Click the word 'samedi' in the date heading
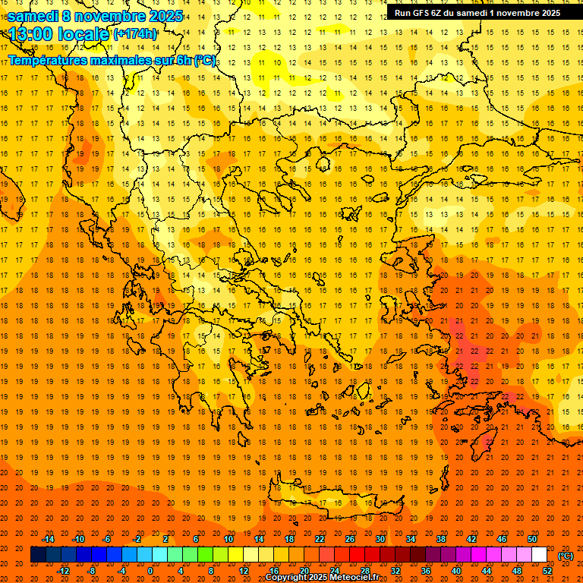pyautogui.click(x=32, y=15)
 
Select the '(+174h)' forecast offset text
pyautogui.click(x=135, y=33)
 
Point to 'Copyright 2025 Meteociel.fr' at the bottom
pyautogui.click(x=332, y=578)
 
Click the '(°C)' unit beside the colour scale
pyautogui.click(x=565, y=556)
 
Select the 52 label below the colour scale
pyautogui.click(x=547, y=570)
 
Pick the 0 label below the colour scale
pyautogui.click(x=150, y=570)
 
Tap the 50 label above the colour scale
pyautogui.click(x=531, y=539)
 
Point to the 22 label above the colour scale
pyautogui.click(x=320, y=539)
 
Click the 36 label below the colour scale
pyautogui.click(x=426, y=570)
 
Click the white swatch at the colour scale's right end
pyautogui.click(x=539, y=555)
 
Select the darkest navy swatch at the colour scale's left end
pyautogui.click(x=38, y=555)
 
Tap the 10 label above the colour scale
pyautogui.click(x=228, y=539)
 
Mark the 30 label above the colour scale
pyautogui.click(x=380, y=539)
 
